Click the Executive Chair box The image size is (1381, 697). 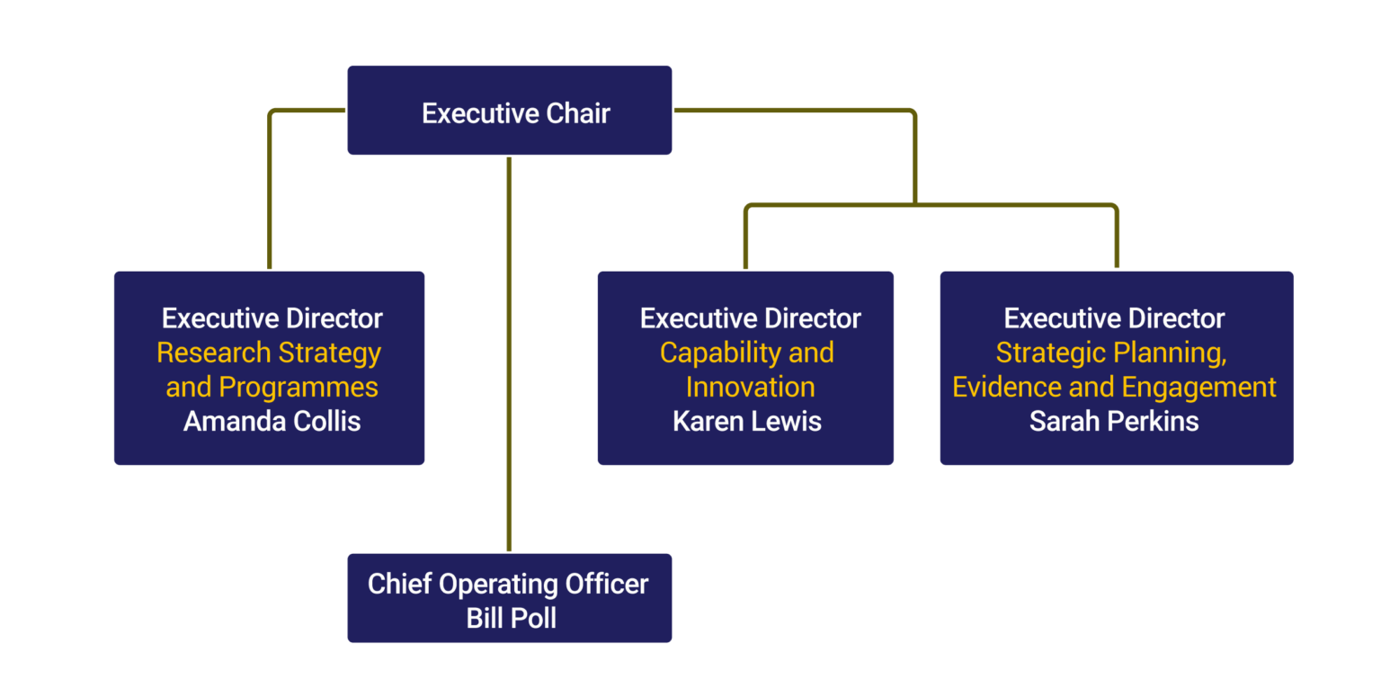[x=510, y=110]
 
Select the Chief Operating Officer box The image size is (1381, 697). [x=510, y=598]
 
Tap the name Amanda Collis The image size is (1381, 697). [x=272, y=421]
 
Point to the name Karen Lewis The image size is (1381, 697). [x=746, y=421]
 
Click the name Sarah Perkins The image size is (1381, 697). [x=1114, y=421]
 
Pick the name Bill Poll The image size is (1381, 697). [x=511, y=618]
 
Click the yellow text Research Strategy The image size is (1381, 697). [x=269, y=353]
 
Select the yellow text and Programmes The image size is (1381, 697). [x=272, y=387]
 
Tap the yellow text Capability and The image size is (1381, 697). [x=746, y=353]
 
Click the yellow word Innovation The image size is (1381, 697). [x=750, y=387]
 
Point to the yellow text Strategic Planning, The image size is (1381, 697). [x=1111, y=353]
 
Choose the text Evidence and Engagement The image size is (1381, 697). [x=1114, y=387]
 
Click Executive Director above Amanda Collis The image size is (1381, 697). [x=272, y=318]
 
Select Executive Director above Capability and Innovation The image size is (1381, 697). [x=750, y=318]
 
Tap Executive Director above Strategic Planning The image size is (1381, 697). [x=1114, y=318]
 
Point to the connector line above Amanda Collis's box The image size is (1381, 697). [x=269, y=198]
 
